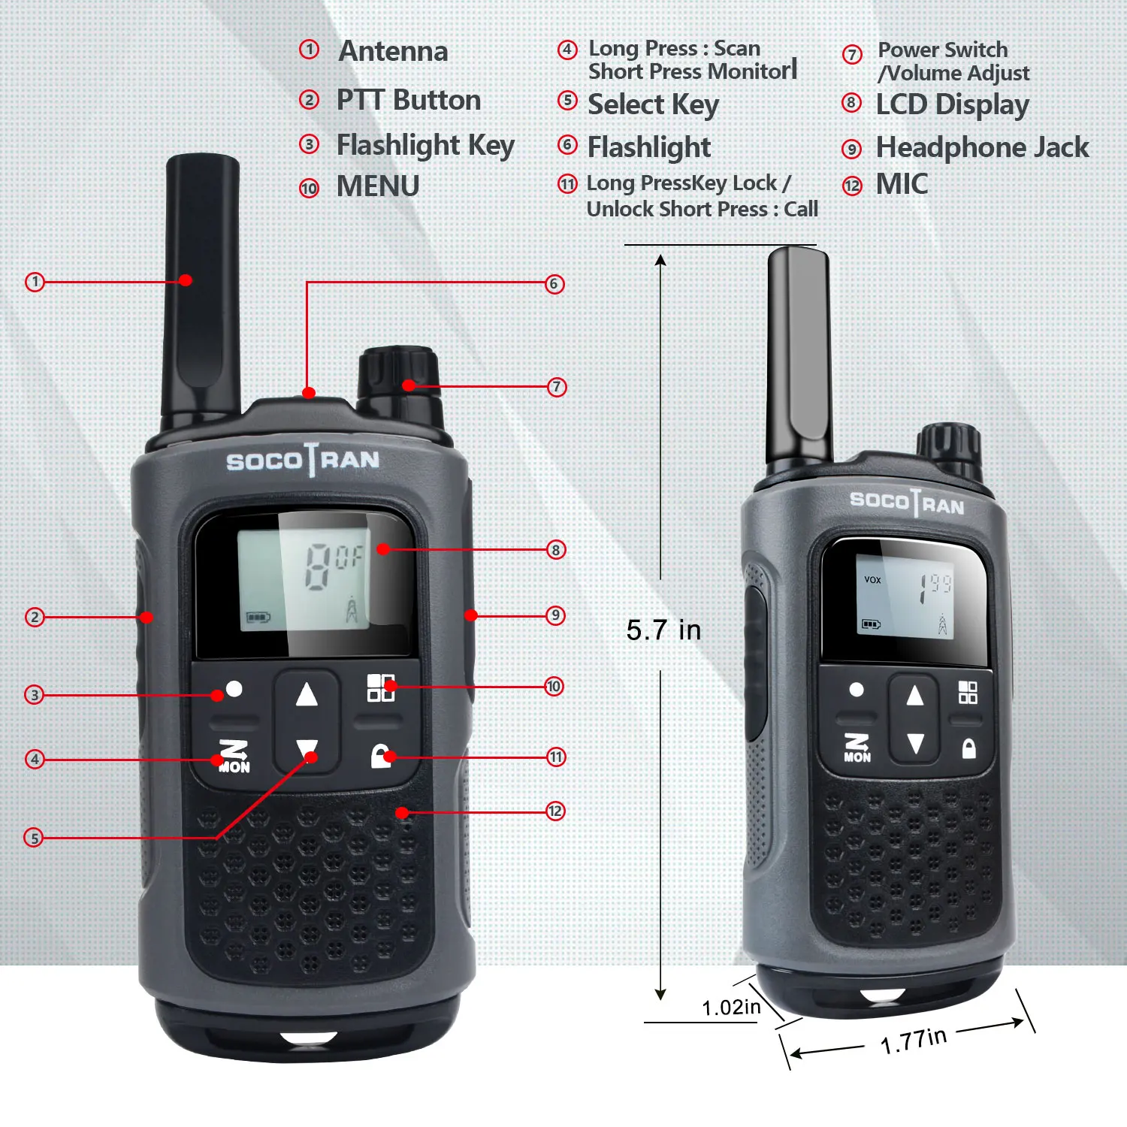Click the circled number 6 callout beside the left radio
pyautogui.click(x=554, y=284)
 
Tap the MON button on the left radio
pyautogui.click(x=234, y=757)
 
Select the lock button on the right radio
pyautogui.click(x=969, y=748)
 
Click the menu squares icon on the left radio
pyautogui.click(x=380, y=687)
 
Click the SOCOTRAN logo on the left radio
pyautogui.click(x=303, y=460)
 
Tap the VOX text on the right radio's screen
pyautogui.click(x=872, y=580)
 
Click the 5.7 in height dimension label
pyautogui.click(x=663, y=630)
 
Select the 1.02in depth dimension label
pyautogui.click(x=730, y=1008)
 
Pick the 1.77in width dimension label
pyautogui.click(x=913, y=1041)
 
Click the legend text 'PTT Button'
pyautogui.click(x=408, y=100)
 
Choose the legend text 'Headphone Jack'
pyautogui.click(x=982, y=147)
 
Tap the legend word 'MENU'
pyautogui.click(x=378, y=186)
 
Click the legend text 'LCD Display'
pyautogui.click(x=952, y=104)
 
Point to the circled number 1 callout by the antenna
pyautogui.click(x=35, y=282)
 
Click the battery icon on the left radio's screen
pyautogui.click(x=258, y=618)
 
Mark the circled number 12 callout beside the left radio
pyautogui.click(x=554, y=811)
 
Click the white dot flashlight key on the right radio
pyautogui.click(x=857, y=690)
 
